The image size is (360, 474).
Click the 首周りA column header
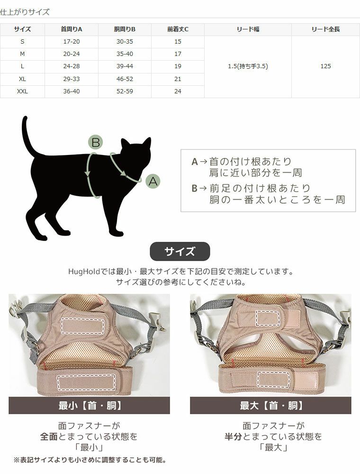pyautogui.click(x=72, y=29)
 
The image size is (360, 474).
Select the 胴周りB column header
pyautogui.click(x=125, y=29)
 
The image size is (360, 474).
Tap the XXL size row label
pyautogui.click(x=22, y=91)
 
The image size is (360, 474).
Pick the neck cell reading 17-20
pyautogui.click(x=72, y=42)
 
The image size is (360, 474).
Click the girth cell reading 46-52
pyautogui.click(x=125, y=79)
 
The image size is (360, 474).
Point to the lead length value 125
pyautogui.click(x=325, y=66)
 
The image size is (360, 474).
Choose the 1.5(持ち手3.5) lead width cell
pyautogui.click(x=248, y=66)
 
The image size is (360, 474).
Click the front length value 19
pyautogui.click(x=178, y=66)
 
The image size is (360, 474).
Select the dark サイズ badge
pyautogui.click(x=180, y=251)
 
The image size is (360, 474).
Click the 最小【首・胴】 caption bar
pyautogui.click(x=89, y=406)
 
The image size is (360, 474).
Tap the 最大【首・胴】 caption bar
pyautogui.click(x=270, y=406)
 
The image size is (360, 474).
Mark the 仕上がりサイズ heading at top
pyautogui.click(x=25, y=12)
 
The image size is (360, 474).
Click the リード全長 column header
pyautogui.click(x=325, y=29)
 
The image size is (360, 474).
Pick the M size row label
pyautogui.click(x=22, y=54)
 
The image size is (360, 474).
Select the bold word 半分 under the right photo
pyautogui.click(x=234, y=436)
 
